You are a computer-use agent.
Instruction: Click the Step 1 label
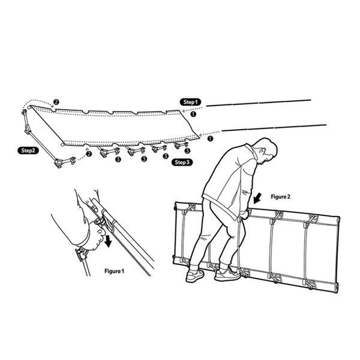190,102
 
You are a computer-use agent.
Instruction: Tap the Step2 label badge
28,151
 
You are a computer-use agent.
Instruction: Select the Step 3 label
182,163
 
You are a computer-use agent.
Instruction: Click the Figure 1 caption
114,271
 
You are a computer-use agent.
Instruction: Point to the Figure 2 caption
280,197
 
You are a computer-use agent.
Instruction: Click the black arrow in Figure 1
108,242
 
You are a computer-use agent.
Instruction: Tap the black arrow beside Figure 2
257,198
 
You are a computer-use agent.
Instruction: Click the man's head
267,151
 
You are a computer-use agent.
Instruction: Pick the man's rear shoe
194,276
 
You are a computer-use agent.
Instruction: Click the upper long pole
259,103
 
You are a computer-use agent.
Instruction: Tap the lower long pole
274,128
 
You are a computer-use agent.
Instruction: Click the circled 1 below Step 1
194,114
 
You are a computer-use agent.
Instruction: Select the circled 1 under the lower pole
210,139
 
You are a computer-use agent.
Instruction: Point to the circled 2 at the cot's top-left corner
56,102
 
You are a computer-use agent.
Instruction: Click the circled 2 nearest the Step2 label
89,154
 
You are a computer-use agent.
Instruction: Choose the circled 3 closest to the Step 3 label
166,156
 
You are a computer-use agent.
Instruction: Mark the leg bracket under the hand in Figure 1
82,254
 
